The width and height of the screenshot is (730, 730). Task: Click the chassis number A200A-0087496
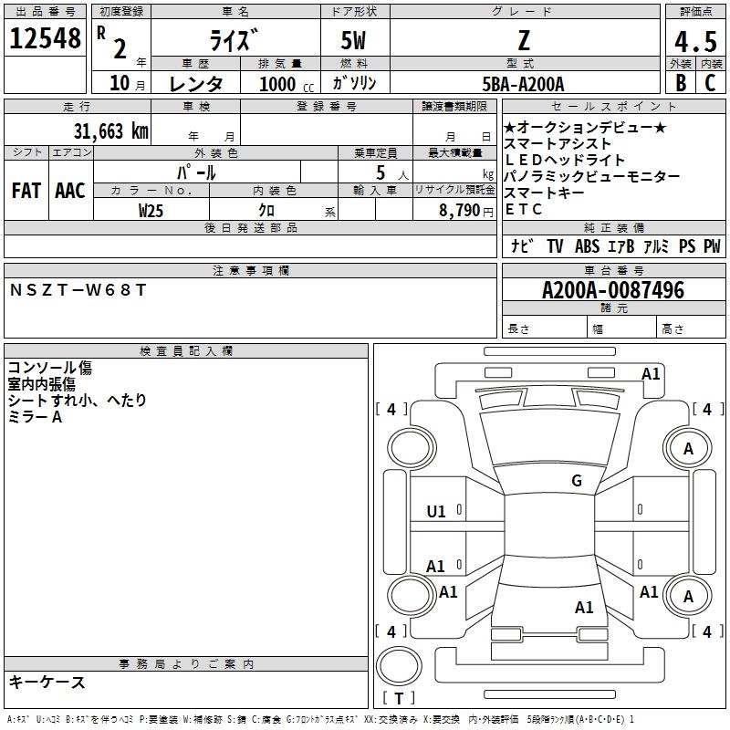(612, 290)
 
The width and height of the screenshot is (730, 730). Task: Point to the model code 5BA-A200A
(524, 84)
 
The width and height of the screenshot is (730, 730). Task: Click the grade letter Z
(524, 40)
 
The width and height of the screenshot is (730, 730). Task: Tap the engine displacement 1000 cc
(285, 84)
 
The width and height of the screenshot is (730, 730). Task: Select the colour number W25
(151, 210)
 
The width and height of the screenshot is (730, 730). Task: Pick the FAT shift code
(26, 191)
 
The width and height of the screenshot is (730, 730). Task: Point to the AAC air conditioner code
(69, 191)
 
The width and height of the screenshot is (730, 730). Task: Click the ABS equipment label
(587, 246)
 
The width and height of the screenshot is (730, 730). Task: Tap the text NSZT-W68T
(78, 290)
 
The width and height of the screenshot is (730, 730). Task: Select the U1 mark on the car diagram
(436, 512)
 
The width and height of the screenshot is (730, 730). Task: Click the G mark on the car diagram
(576, 481)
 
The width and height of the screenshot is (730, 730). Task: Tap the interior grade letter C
(709, 82)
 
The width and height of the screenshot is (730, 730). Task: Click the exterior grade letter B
(680, 82)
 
